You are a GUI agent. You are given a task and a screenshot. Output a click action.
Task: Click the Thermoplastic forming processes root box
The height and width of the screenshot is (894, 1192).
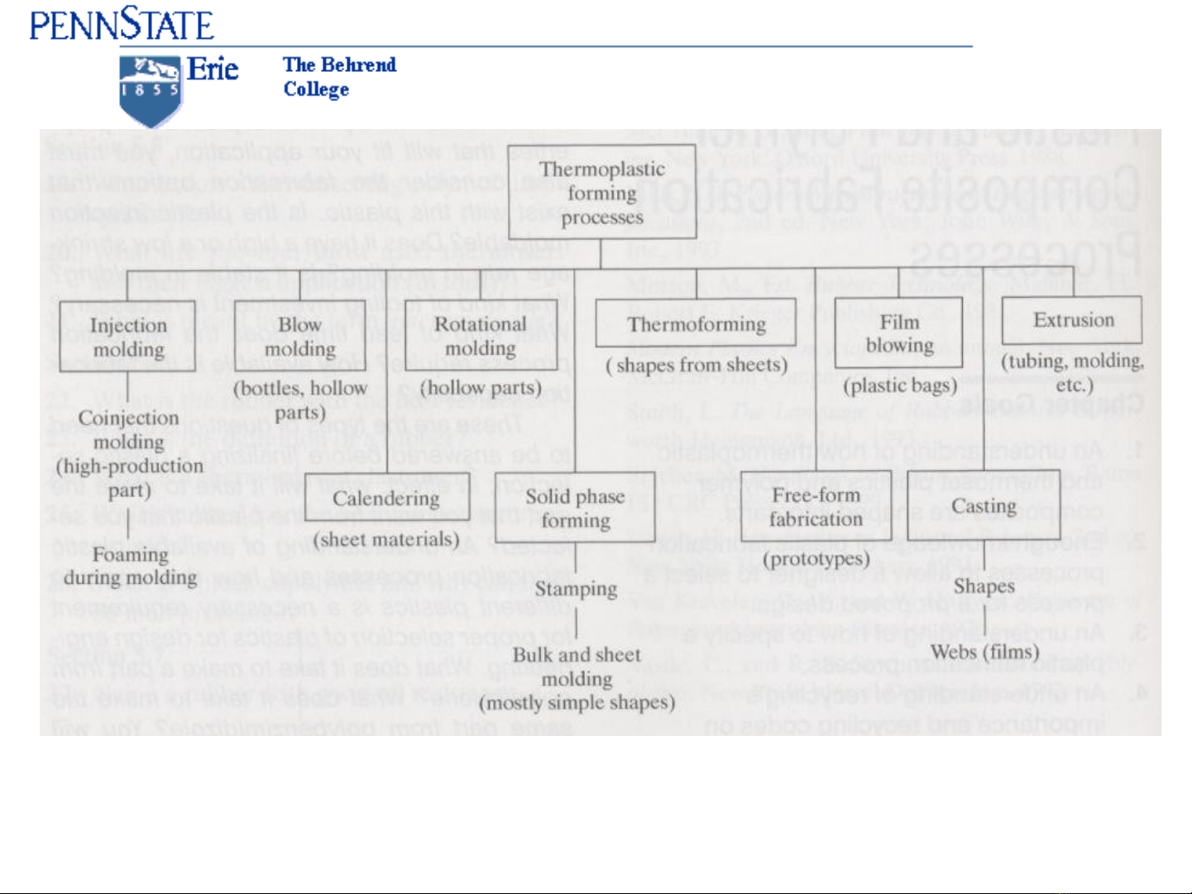[x=602, y=193]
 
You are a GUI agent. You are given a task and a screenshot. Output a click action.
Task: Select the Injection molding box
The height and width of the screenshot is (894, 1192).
[x=127, y=337]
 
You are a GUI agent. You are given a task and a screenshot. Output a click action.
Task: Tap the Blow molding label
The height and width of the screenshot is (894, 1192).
[x=299, y=337]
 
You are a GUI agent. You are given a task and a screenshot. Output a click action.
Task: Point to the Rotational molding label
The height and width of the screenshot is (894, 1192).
[x=480, y=336]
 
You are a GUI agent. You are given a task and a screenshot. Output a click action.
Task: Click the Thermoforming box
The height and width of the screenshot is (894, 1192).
[x=696, y=323]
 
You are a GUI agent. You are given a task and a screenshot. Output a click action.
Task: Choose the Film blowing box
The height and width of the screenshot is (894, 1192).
[x=899, y=332]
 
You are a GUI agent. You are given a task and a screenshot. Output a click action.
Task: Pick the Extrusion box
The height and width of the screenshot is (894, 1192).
[x=1073, y=320]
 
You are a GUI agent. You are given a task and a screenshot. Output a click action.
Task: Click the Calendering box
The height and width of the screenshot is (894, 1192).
[x=386, y=499]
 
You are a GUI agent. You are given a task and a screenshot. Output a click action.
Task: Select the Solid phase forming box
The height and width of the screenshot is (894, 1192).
[x=575, y=508]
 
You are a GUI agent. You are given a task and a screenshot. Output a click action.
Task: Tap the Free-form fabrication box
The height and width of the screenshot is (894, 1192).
[x=816, y=506]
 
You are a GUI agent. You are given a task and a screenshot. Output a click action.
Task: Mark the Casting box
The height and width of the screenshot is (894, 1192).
[x=984, y=505]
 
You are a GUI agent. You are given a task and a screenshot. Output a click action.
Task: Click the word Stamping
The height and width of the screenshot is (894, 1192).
[x=576, y=589]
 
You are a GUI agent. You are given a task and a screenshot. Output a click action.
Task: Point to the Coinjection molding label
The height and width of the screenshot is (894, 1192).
[x=128, y=430]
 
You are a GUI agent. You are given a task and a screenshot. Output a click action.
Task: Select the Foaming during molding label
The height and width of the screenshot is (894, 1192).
[x=130, y=566]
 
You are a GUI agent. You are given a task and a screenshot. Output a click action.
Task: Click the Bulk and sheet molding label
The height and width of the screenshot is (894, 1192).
[x=577, y=667]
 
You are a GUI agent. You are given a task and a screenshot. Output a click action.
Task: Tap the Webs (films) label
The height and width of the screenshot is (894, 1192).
[x=984, y=652]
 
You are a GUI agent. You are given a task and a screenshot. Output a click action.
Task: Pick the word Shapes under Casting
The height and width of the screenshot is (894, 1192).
[x=984, y=586]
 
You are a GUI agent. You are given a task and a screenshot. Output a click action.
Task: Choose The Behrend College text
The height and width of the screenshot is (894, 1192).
[x=339, y=77]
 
